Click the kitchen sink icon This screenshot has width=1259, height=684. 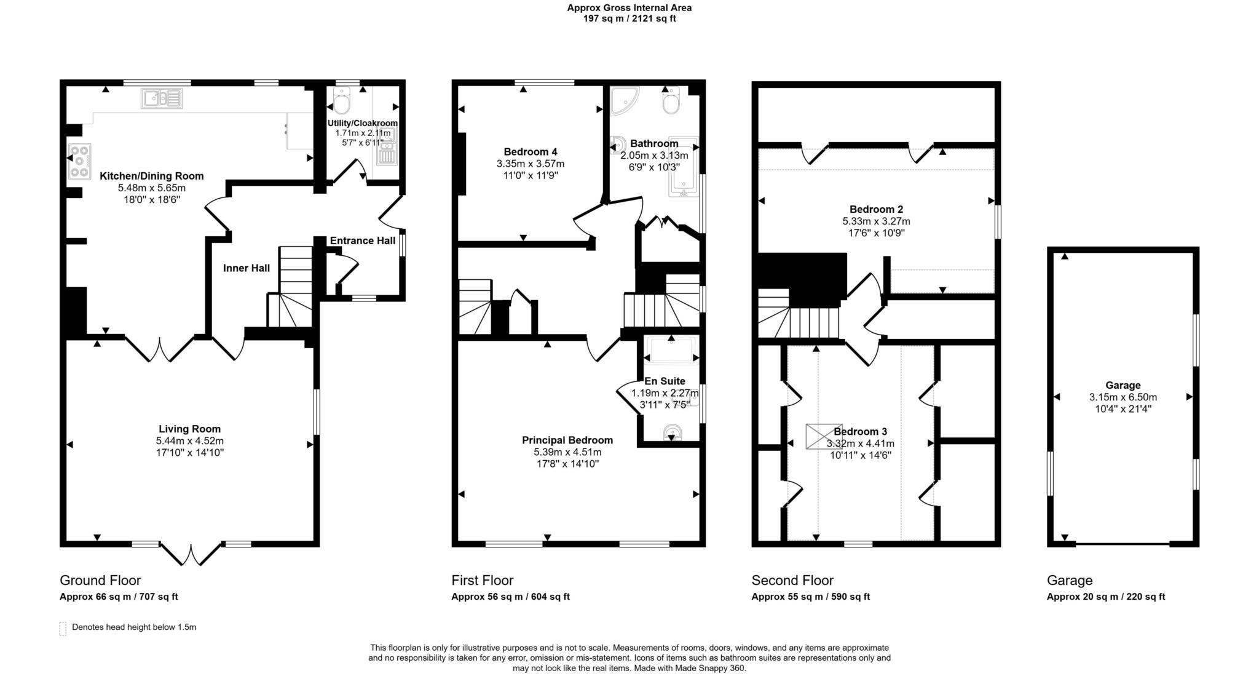(x=162, y=98)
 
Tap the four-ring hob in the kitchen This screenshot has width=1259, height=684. (x=79, y=161)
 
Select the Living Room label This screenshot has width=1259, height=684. (x=189, y=429)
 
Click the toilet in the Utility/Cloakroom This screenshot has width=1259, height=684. (x=341, y=101)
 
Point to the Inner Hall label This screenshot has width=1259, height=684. (x=246, y=268)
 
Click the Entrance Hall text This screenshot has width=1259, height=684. (x=362, y=241)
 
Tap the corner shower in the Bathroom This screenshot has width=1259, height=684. (x=623, y=100)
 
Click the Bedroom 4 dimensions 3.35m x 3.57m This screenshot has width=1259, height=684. (x=530, y=164)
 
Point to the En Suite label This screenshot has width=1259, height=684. (x=664, y=381)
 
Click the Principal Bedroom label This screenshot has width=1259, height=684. (x=567, y=440)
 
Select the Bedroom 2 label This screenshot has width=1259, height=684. (x=876, y=209)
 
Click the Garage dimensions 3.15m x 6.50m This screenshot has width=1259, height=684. (x=1123, y=397)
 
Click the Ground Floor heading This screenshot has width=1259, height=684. (x=100, y=580)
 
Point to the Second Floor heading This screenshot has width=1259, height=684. (x=792, y=580)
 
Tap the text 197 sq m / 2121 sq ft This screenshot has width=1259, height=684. (x=629, y=18)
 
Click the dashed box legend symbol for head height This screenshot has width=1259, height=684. (x=63, y=628)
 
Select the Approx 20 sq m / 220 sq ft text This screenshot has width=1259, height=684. (x=1105, y=597)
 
